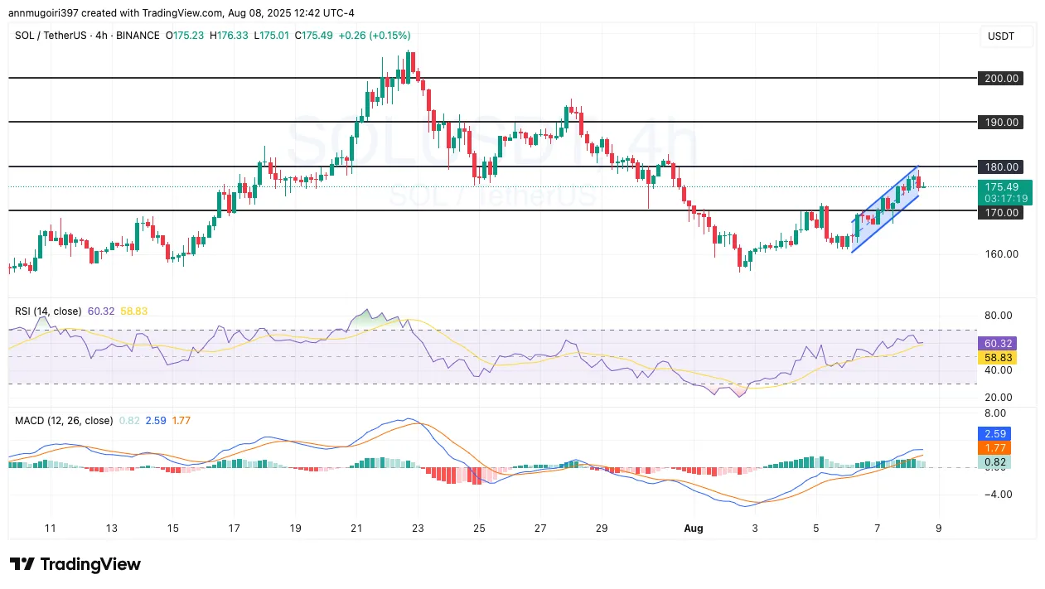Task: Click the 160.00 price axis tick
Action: point(1001,254)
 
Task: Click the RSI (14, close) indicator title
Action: point(48,311)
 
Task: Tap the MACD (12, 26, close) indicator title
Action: point(64,421)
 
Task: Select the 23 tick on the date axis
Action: point(418,528)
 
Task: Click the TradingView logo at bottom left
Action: point(75,565)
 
